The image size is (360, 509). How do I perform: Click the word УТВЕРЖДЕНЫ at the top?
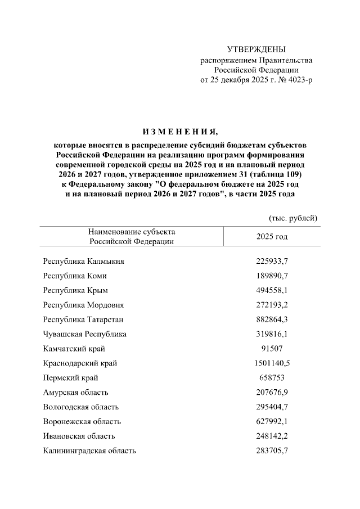tap(256, 49)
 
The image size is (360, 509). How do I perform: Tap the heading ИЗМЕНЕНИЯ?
tap(179, 132)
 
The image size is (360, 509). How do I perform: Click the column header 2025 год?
tap(272, 237)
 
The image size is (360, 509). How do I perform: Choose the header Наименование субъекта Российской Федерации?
tap(132, 237)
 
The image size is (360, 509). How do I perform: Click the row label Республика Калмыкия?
tap(84, 262)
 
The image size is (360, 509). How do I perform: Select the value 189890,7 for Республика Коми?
tap(272, 276)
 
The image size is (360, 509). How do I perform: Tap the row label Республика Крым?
tap(75, 291)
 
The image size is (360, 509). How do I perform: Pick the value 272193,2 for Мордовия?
tap(272, 305)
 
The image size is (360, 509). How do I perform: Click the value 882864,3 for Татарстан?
tap(272, 320)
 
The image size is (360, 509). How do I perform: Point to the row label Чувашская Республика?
tap(85, 335)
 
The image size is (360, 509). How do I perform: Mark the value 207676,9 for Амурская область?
tap(272, 393)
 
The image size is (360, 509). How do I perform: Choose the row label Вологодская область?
tap(81, 407)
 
